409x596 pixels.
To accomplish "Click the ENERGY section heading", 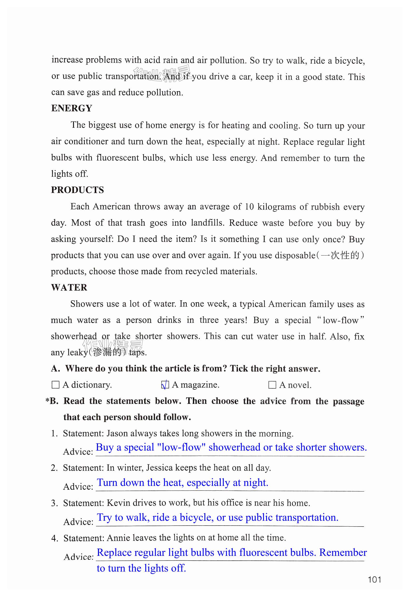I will [72, 108].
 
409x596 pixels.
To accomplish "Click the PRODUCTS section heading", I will [77, 190].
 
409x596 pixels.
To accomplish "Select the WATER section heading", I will [69, 287].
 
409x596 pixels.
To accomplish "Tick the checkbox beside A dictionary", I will [55, 385].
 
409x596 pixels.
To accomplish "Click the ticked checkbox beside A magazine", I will [165, 385].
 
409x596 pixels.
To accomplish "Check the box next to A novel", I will [272, 385].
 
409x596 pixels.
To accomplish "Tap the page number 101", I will [374, 580].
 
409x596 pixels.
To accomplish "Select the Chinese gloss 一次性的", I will [340, 256].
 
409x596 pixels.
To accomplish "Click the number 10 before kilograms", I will [249, 207].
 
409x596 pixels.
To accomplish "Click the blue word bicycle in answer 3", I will [197, 518].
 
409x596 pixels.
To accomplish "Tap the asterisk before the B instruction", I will [47, 400].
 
